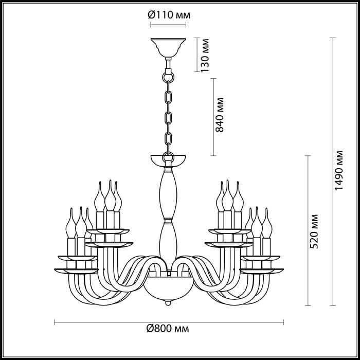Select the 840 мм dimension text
(x=220, y=115)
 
